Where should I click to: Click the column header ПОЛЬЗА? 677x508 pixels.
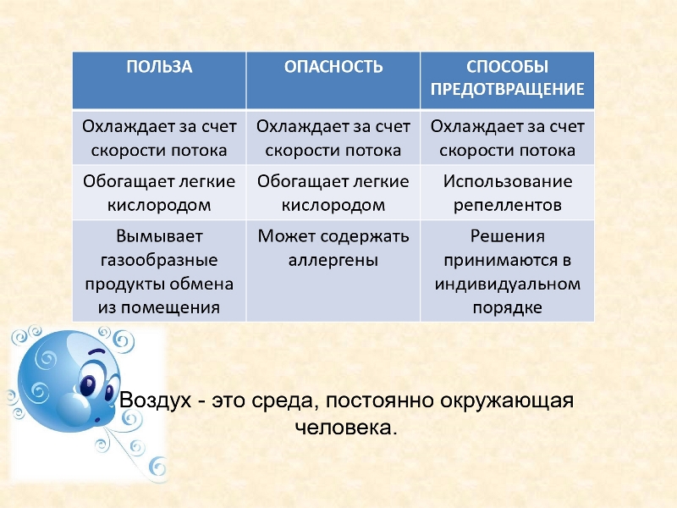coord(159,67)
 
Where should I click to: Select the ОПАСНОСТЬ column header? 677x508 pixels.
coord(333,67)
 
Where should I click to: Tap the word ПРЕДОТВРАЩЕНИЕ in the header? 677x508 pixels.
coord(507,89)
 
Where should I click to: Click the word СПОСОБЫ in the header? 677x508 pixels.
coord(507,67)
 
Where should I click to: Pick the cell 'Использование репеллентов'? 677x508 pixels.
coord(507,193)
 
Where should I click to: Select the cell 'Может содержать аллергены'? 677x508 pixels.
coord(333,248)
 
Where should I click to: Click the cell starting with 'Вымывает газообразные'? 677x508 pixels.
coord(159,272)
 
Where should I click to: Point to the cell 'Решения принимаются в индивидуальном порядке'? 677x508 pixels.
coord(507,272)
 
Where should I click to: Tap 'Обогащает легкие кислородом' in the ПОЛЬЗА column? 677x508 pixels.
coord(159,193)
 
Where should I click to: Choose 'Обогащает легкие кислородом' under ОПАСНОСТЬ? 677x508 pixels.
coord(333,193)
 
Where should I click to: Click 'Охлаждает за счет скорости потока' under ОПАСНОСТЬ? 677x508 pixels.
coord(333,138)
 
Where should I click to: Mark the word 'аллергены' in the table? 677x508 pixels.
coord(333,261)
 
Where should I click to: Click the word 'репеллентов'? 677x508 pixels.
coord(507,205)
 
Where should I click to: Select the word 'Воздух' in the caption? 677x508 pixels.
coord(155,400)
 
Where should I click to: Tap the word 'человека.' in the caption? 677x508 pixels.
coord(346,428)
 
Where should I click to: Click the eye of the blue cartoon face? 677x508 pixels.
coord(89,385)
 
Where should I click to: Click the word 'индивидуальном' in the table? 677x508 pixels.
coord(507,284)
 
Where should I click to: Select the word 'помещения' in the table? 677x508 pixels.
coord(171,308)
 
